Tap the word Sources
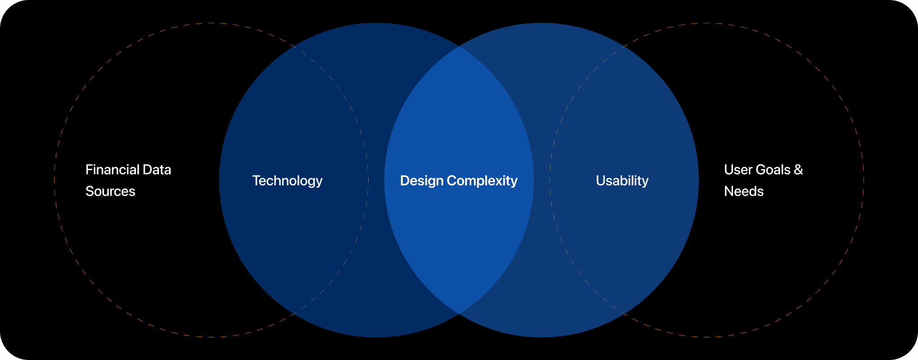point(110,191)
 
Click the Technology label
point(287,180)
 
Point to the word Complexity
point(482,180)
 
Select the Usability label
point(622,180)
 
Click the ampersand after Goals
point(798,170)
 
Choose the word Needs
point(744,191)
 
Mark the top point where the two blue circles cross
point(459,46)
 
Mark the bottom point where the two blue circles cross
point(459,314)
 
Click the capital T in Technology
point(256,180)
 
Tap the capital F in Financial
point(88,170)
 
